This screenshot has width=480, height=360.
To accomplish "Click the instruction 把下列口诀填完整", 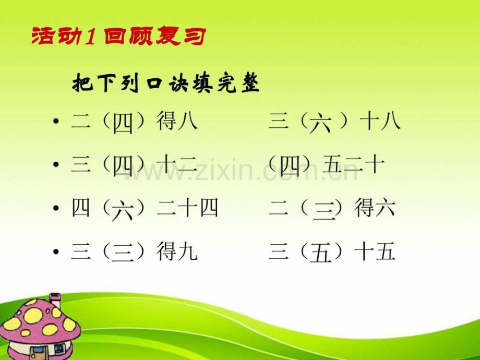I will tap(166, 83).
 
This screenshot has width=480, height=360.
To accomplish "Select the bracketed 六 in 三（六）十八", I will tap(320, 125).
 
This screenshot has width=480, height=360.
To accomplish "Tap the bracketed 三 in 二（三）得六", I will tap(320, 210).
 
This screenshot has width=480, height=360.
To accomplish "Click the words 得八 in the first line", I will tap(177, 123).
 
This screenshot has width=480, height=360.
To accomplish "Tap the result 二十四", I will tap(187, 209).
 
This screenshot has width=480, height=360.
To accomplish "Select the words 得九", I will tap(177, 252).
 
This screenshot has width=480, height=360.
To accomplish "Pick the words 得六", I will tap(374, 209).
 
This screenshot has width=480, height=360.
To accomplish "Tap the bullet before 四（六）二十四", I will tap(55, 209).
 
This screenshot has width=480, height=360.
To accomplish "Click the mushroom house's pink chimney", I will tap(55, 301).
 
